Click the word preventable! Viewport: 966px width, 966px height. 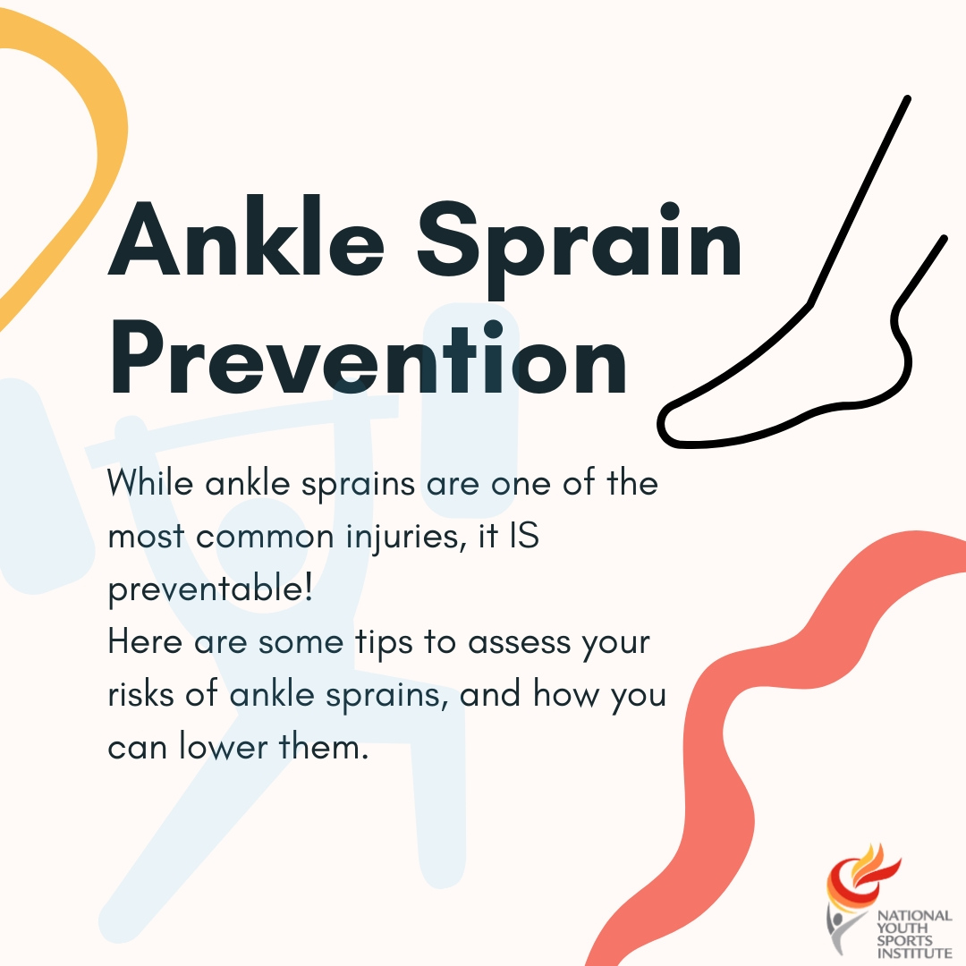point(210,589)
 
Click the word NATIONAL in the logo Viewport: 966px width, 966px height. point(914,917)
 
